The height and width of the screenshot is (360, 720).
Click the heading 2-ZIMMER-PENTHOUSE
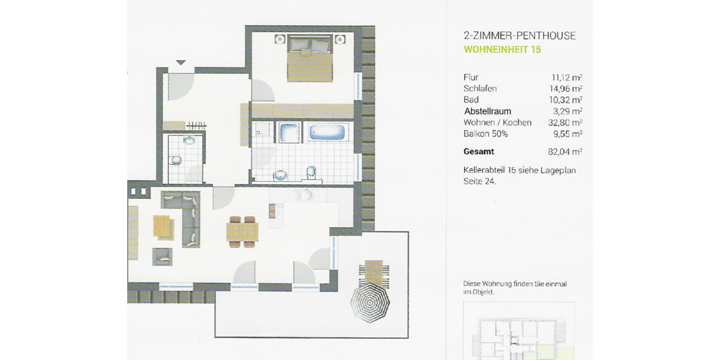tap(520, 36)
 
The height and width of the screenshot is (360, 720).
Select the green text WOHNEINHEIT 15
tap(503, 50)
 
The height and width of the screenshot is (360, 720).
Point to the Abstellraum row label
tap(487, 111)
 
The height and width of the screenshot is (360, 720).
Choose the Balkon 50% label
tap(485, 133)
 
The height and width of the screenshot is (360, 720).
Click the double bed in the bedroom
tap(311, 59)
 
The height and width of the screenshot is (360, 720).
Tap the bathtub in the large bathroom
tap(326, 131)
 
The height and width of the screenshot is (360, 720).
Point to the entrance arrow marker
tap(181, 62)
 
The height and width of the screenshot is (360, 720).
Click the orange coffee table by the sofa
tap(163, 226)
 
